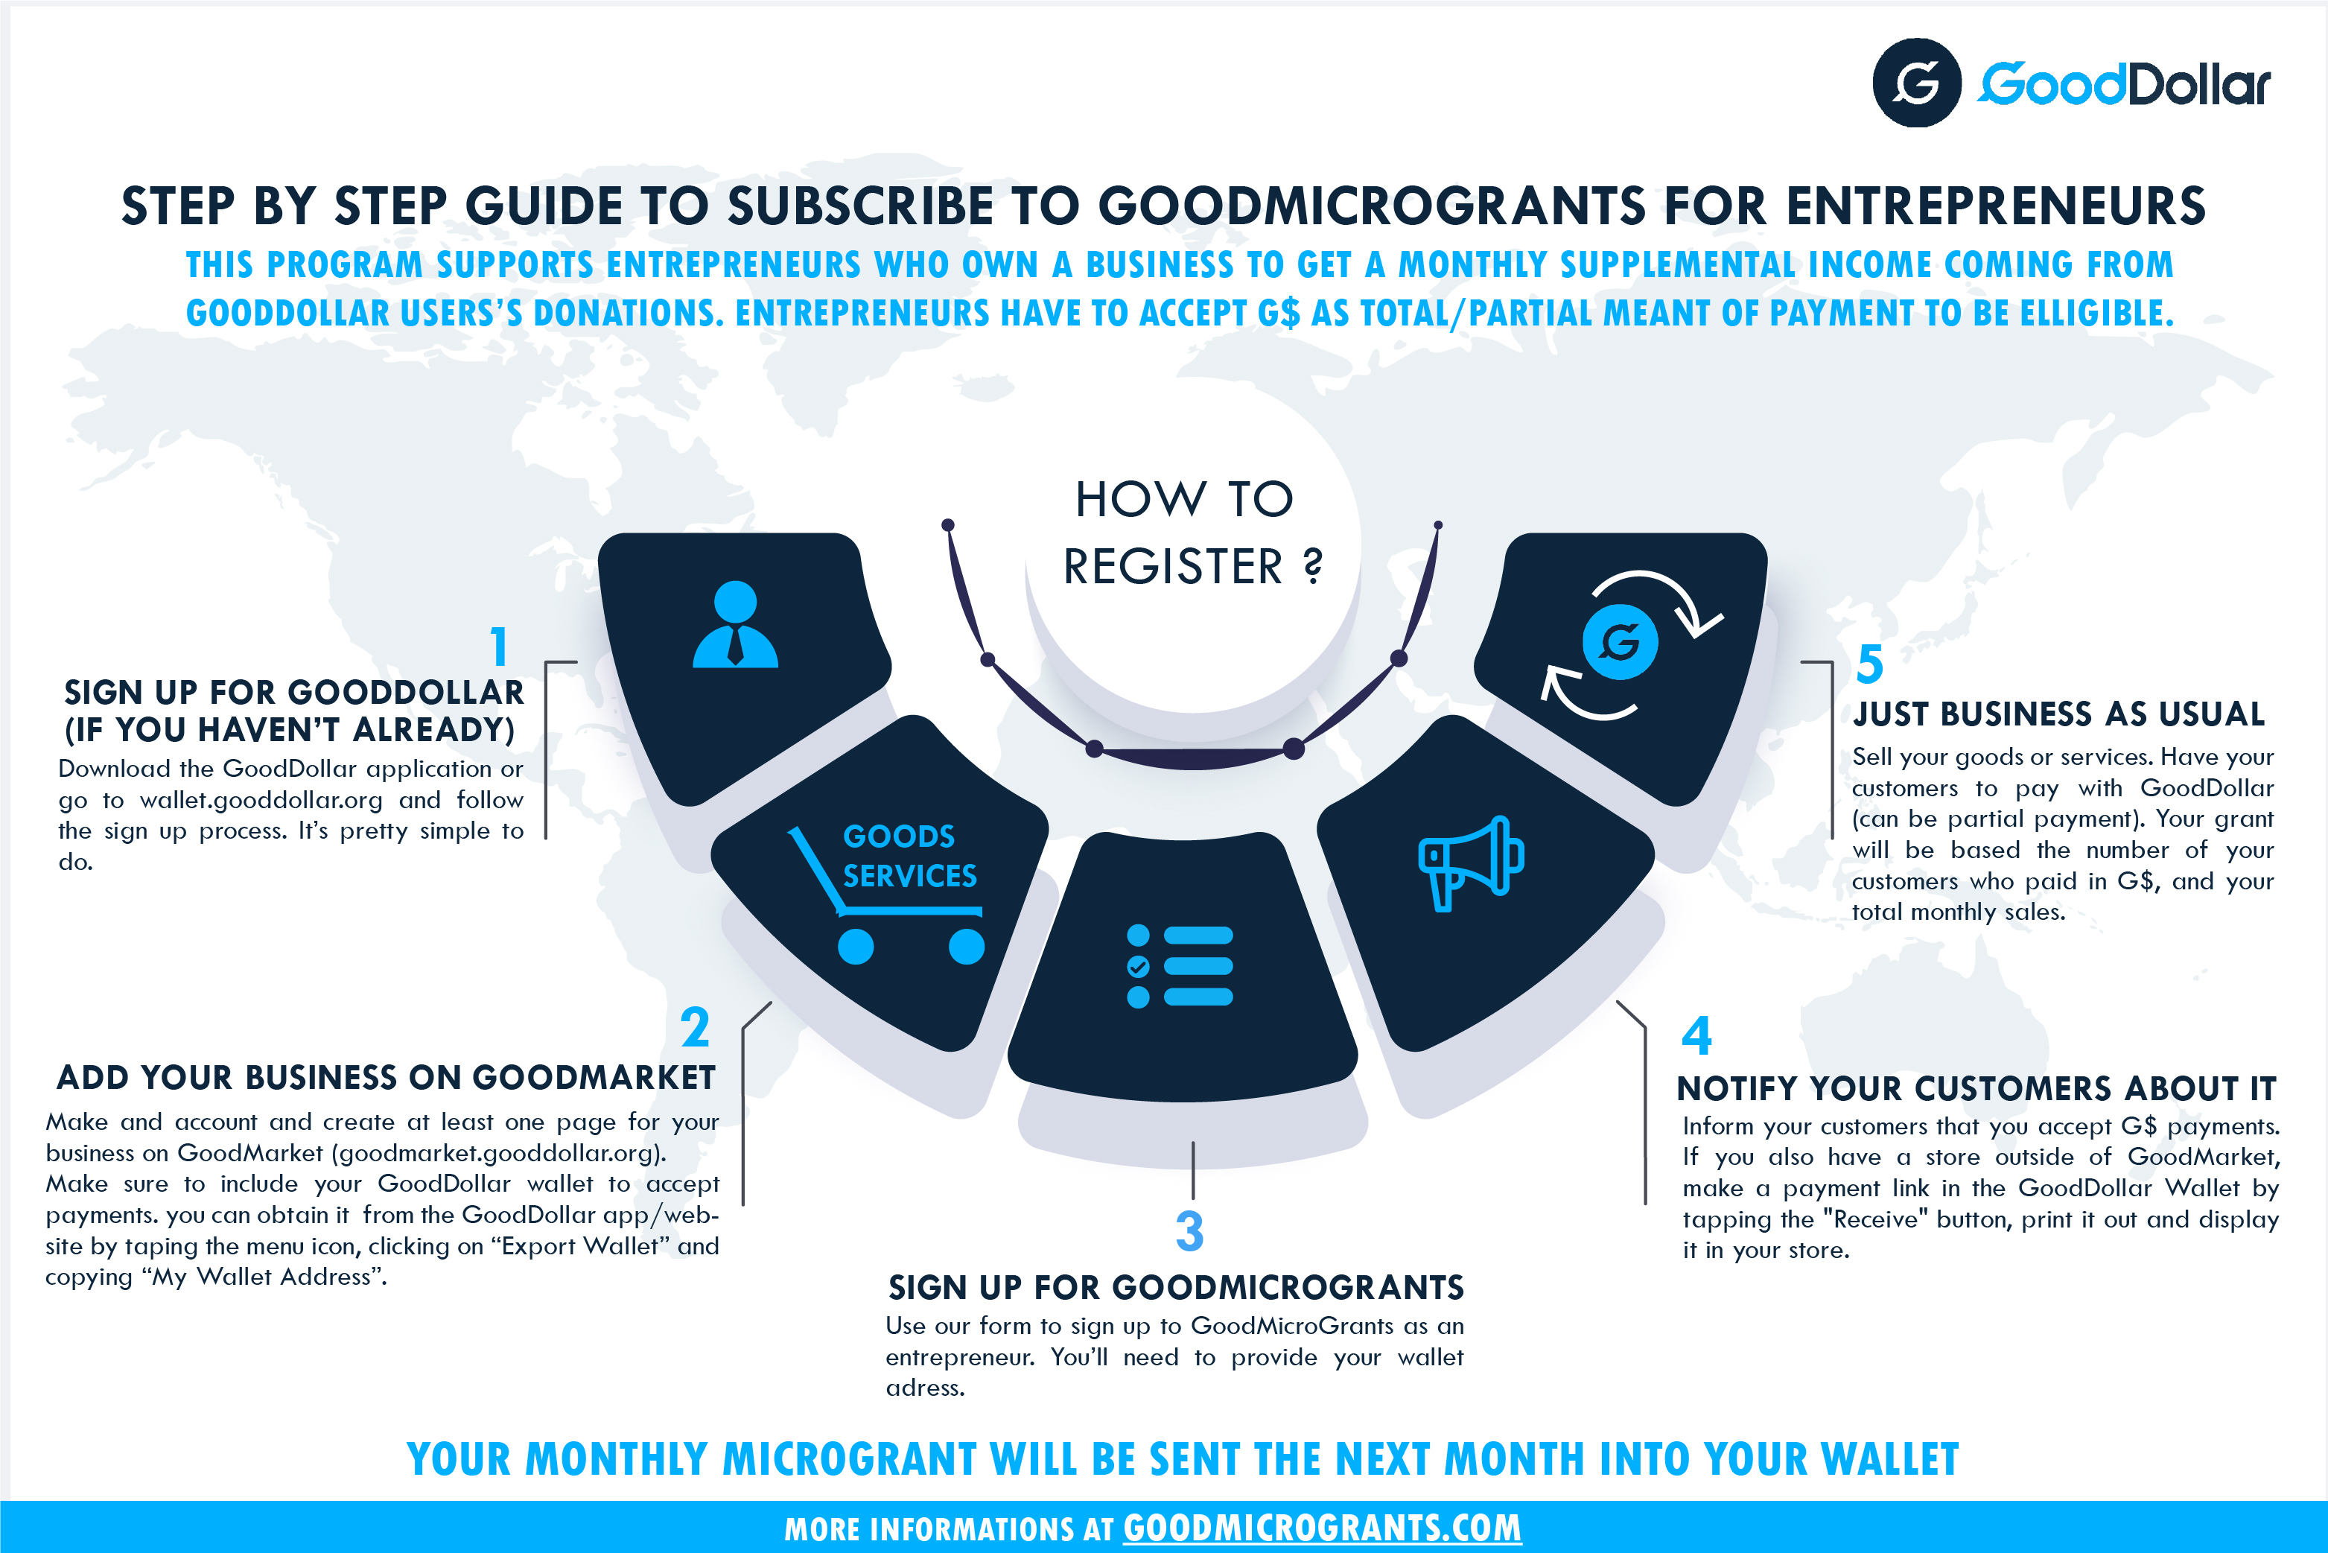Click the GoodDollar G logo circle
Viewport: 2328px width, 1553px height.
1916,83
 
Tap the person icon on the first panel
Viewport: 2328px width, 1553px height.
735,624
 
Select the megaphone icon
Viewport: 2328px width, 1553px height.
1471,863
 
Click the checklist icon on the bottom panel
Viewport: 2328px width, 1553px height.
1180,965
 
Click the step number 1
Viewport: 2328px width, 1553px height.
499,647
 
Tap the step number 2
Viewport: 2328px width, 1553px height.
695,1027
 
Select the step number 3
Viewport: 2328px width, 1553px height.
1189,1231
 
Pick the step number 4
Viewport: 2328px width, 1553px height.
1696,1036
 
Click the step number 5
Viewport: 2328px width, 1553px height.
1869,664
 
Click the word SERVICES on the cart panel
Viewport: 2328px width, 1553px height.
909,875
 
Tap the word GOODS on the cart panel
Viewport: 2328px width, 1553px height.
898,836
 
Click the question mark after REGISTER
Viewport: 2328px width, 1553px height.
1312,567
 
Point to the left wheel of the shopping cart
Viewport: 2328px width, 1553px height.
856,947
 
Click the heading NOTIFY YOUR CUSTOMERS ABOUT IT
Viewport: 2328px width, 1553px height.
1976,1088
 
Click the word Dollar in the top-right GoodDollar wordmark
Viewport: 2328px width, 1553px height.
2198,85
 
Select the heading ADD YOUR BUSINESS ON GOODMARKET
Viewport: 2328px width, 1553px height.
387,1078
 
